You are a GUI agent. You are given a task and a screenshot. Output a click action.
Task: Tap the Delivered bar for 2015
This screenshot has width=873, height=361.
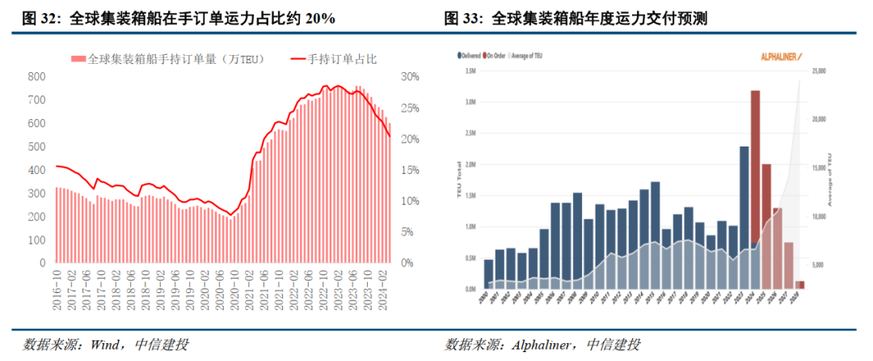pyautogui.click(x=655, y=235)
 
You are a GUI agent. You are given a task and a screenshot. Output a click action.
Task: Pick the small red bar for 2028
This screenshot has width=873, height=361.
pyautogui.click(x=799, y=284)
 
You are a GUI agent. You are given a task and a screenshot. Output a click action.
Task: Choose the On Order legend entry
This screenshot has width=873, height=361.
pyautogui.click(x=497, y=57)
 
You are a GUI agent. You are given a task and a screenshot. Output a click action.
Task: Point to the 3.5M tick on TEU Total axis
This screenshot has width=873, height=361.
pyautogui.click(x=470, y=71)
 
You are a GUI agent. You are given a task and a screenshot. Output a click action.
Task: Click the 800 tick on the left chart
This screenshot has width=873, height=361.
pyautogui.click(x=36, y=76)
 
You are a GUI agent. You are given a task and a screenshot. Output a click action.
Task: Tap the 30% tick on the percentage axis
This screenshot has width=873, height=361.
pyautogui.click(x=410, y=76)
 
